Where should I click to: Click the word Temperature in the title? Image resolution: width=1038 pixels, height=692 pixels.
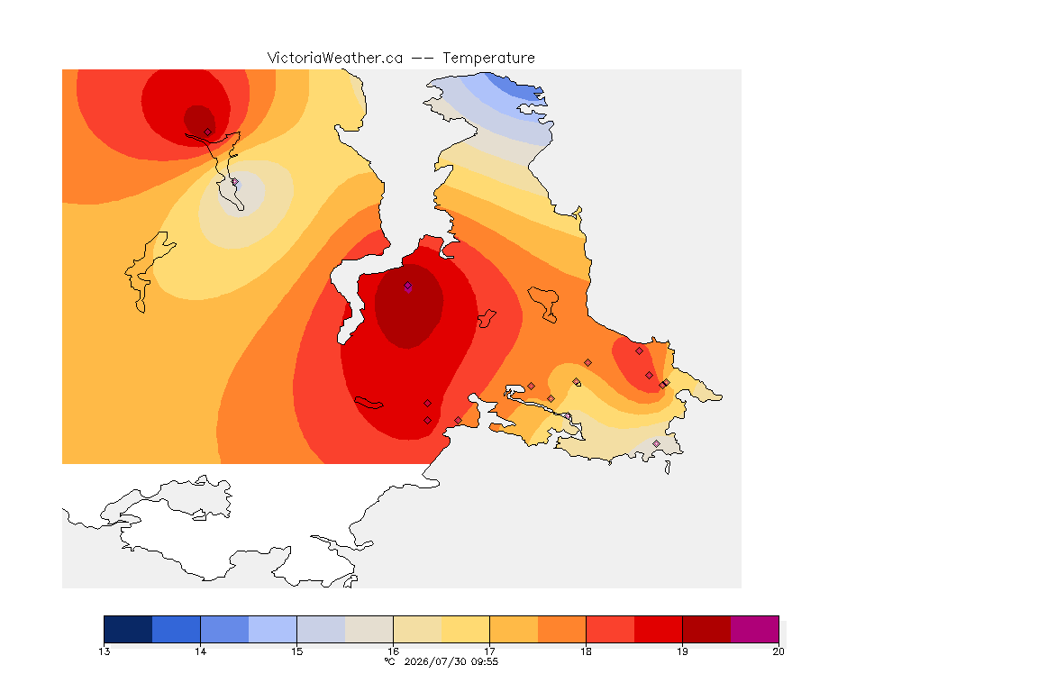click(x=488, y=59)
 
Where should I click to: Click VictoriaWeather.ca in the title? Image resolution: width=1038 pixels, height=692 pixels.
click(x=335, y=59)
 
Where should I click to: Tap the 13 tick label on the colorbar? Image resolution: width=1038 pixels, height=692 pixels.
click(x=104, y=651)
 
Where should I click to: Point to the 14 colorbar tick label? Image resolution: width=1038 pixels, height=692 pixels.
click(x=201, y=651)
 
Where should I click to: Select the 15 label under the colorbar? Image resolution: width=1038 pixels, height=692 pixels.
click(x=296, y=651)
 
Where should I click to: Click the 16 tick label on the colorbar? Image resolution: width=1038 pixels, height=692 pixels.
click(x=393, y=651)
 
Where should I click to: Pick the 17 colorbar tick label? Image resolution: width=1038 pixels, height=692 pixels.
click(x=490, y=651)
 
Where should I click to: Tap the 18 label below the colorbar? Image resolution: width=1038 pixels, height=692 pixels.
click(x=586, y=651)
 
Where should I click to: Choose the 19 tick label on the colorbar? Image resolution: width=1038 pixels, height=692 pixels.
click(x=682, y=651)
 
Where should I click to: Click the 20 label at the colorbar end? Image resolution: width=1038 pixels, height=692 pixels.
click(x=778, y=651)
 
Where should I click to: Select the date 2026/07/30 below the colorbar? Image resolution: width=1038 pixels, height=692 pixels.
click(x=435, y=661)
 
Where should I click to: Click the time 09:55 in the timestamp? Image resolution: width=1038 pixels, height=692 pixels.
click(x=485, y=661)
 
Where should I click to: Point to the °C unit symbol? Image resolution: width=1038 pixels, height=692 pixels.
click(x=390, y=661)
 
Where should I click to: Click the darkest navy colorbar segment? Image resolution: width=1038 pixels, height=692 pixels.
click(x=129, y=629)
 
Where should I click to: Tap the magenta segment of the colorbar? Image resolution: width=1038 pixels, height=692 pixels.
click(x=755, y=629)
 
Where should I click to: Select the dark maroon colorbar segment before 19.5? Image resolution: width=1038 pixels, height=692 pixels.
click(x=706, y=629)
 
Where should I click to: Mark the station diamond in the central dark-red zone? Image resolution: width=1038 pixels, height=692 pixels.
click(x=408, y=286)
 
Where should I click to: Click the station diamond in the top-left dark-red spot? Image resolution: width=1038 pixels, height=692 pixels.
click(x=208, y=132)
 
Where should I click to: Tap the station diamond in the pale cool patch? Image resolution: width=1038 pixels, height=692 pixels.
click(x=235, y=182)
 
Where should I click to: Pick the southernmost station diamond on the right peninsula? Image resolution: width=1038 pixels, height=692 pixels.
click(x=656, y=443)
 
